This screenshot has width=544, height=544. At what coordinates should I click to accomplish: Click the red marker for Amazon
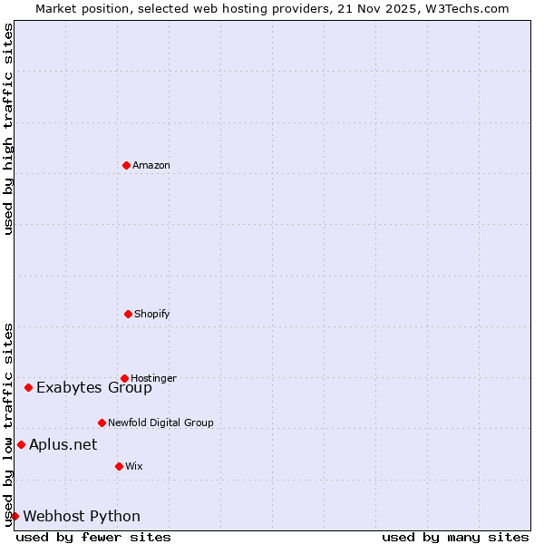[x=126, y=165]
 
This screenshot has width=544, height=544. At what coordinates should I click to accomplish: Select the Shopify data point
[x=128, y=314]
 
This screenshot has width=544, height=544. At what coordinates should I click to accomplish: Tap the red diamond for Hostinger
[x=124, y=378]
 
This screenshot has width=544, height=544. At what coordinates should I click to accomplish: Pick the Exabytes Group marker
[x=28, y=387]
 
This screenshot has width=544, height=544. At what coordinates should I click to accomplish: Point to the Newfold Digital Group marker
[x=102, y=423]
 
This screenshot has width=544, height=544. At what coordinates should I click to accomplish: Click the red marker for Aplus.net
[x=21, y=444]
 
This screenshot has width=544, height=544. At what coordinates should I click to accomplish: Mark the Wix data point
[x=119, y=466]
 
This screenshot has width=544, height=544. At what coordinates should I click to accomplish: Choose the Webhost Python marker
[x=15, y=516]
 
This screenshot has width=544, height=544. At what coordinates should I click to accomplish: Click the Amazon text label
[x=151, y=165]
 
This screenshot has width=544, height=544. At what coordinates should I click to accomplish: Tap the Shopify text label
[x=152, y=314]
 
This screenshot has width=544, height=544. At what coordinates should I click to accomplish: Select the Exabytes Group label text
[x=94, y=388]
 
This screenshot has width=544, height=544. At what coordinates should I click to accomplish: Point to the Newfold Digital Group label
[x=160, y=423]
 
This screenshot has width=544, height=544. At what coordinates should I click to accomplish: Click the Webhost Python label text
[x=82, y=517]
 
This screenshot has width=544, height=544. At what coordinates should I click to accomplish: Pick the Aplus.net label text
[x=63, y=445]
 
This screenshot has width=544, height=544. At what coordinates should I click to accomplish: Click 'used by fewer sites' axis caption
[x=93, y=537]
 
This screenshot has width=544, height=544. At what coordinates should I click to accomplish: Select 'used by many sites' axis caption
[x=455, y=537]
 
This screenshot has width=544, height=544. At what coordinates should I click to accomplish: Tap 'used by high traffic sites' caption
[x=9, y=129]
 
